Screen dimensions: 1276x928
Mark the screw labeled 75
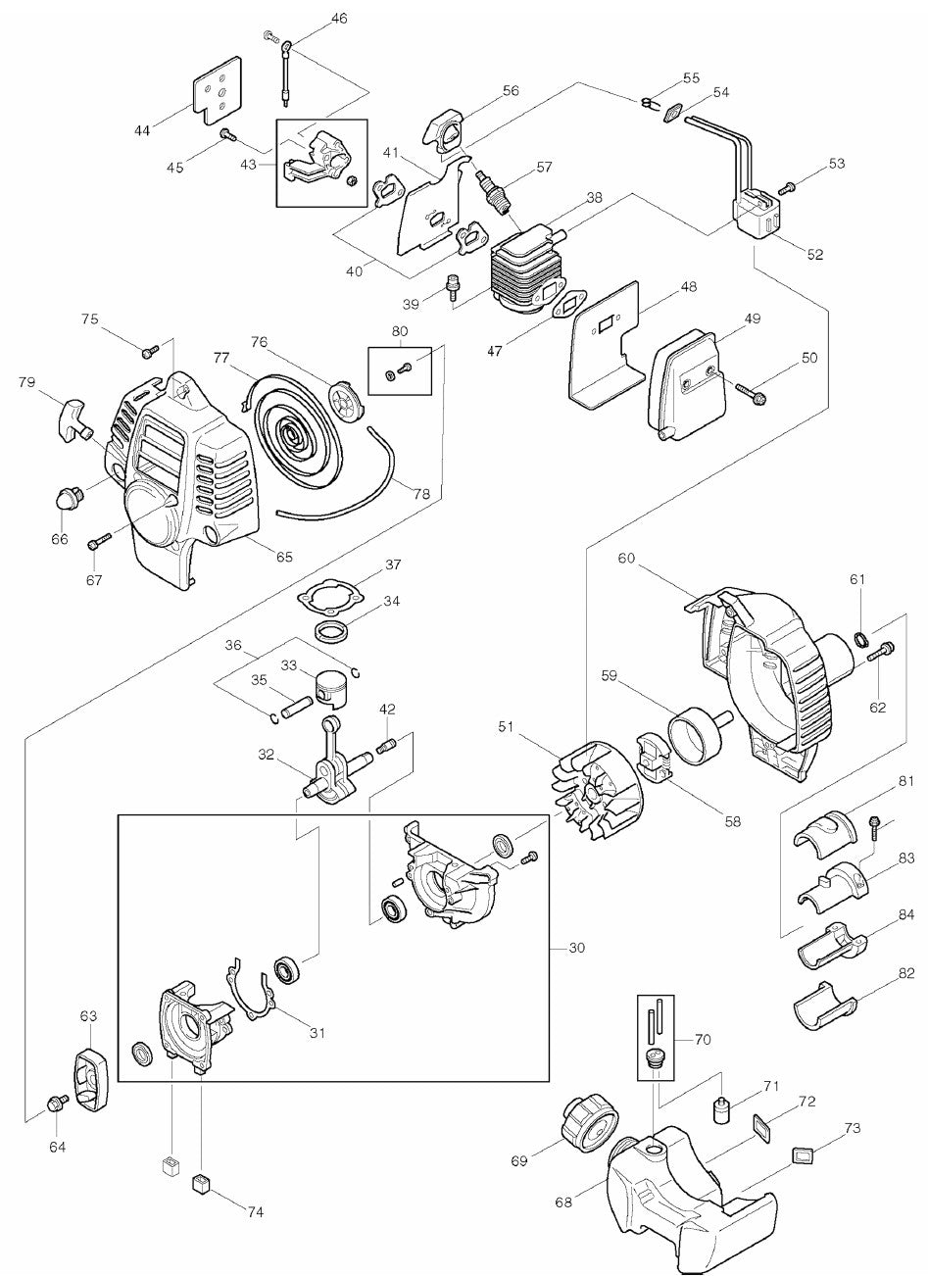[x=149, y=350]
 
